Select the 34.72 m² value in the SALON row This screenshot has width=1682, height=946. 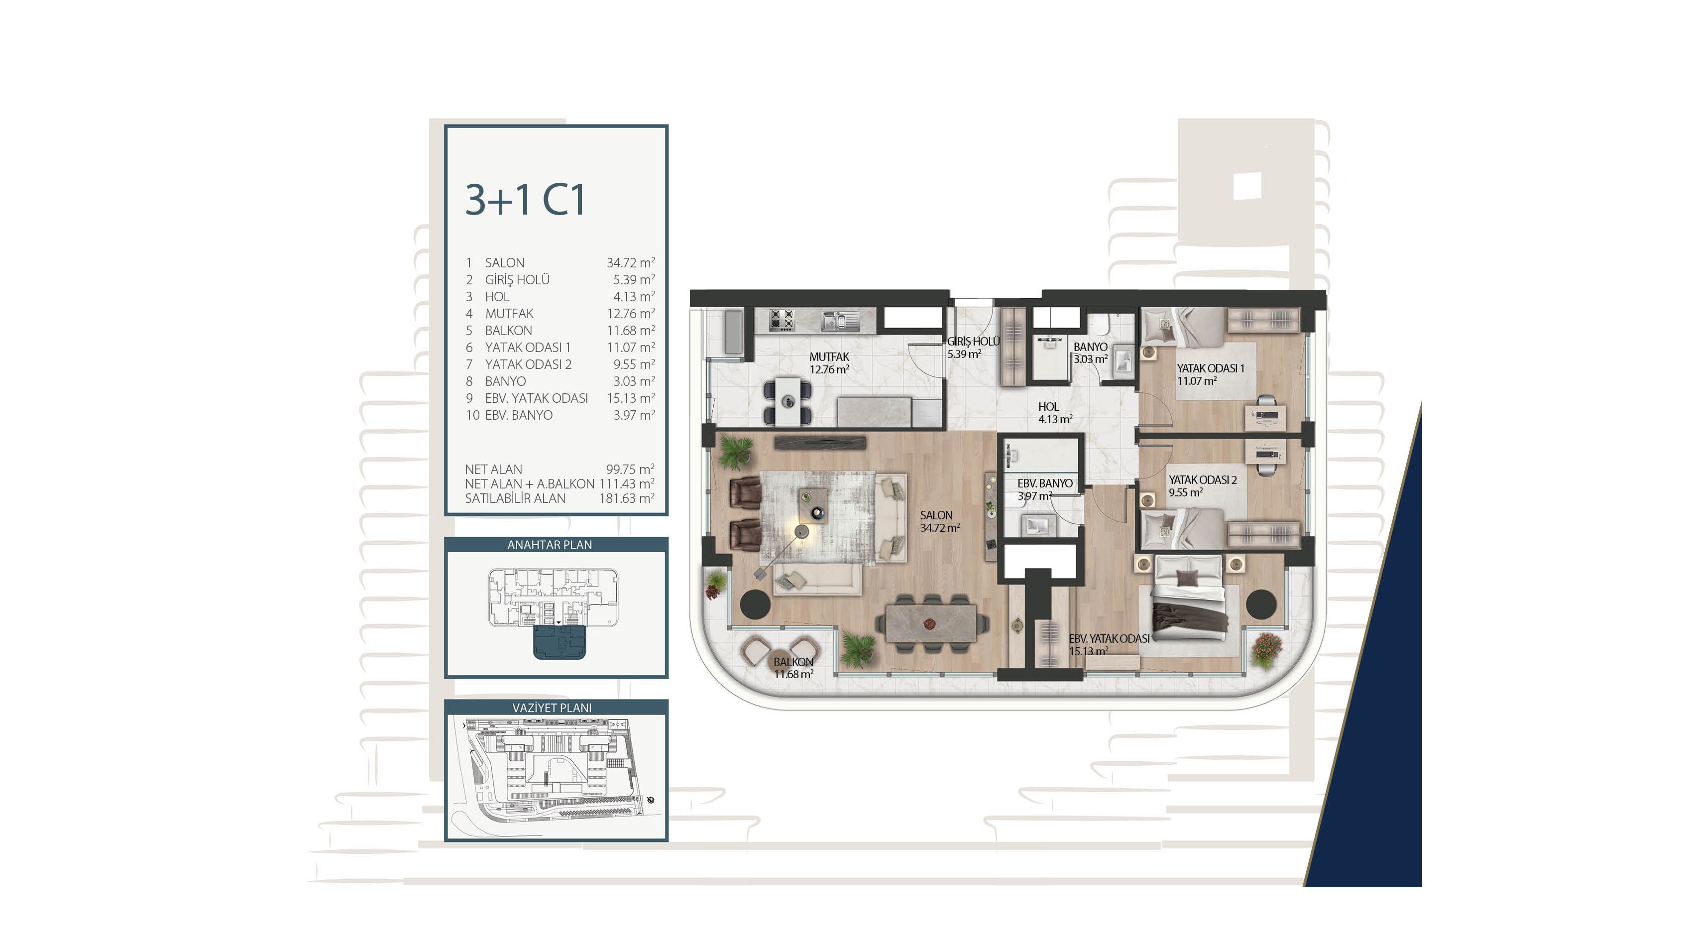(x=630, y=262)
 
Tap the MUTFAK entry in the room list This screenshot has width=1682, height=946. (x=509, y=314)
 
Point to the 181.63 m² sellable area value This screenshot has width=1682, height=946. (x=627, y=498)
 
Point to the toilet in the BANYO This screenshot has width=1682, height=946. (x=1104, y=325)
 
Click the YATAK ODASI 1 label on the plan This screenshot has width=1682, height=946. (x=1211, y=368)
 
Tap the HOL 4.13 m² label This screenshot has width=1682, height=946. (x=1055, y=413)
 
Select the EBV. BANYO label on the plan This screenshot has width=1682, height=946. (x=1045, y=483)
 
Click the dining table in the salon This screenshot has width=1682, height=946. (x=930, y=624)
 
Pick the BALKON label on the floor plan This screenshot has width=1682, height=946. (x=793, y=662)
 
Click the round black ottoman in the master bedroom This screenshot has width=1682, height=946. (x=1261, y=604)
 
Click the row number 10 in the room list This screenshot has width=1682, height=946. (x=472, y=415)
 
